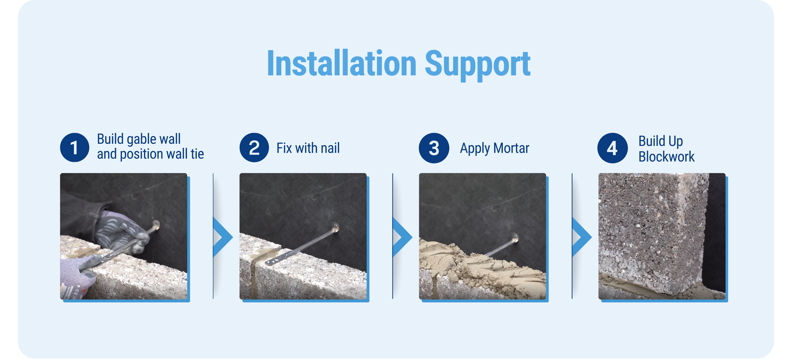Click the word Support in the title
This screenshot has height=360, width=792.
(x=477, y=65)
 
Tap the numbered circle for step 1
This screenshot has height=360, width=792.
(x=74, y=148)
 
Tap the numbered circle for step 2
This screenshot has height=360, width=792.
(x=254, y=148)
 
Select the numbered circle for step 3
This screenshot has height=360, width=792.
(x=434, y=148)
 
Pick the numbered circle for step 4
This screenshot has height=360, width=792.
(x=612, y=148)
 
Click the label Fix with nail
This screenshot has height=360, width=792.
(x=308, y=148)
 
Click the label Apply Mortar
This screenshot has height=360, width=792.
(x=494, y=149)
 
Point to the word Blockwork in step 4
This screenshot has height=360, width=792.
(x=666, y=156)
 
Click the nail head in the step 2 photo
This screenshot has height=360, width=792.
(x=335, y=228)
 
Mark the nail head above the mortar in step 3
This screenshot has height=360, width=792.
(x=515, y=238)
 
